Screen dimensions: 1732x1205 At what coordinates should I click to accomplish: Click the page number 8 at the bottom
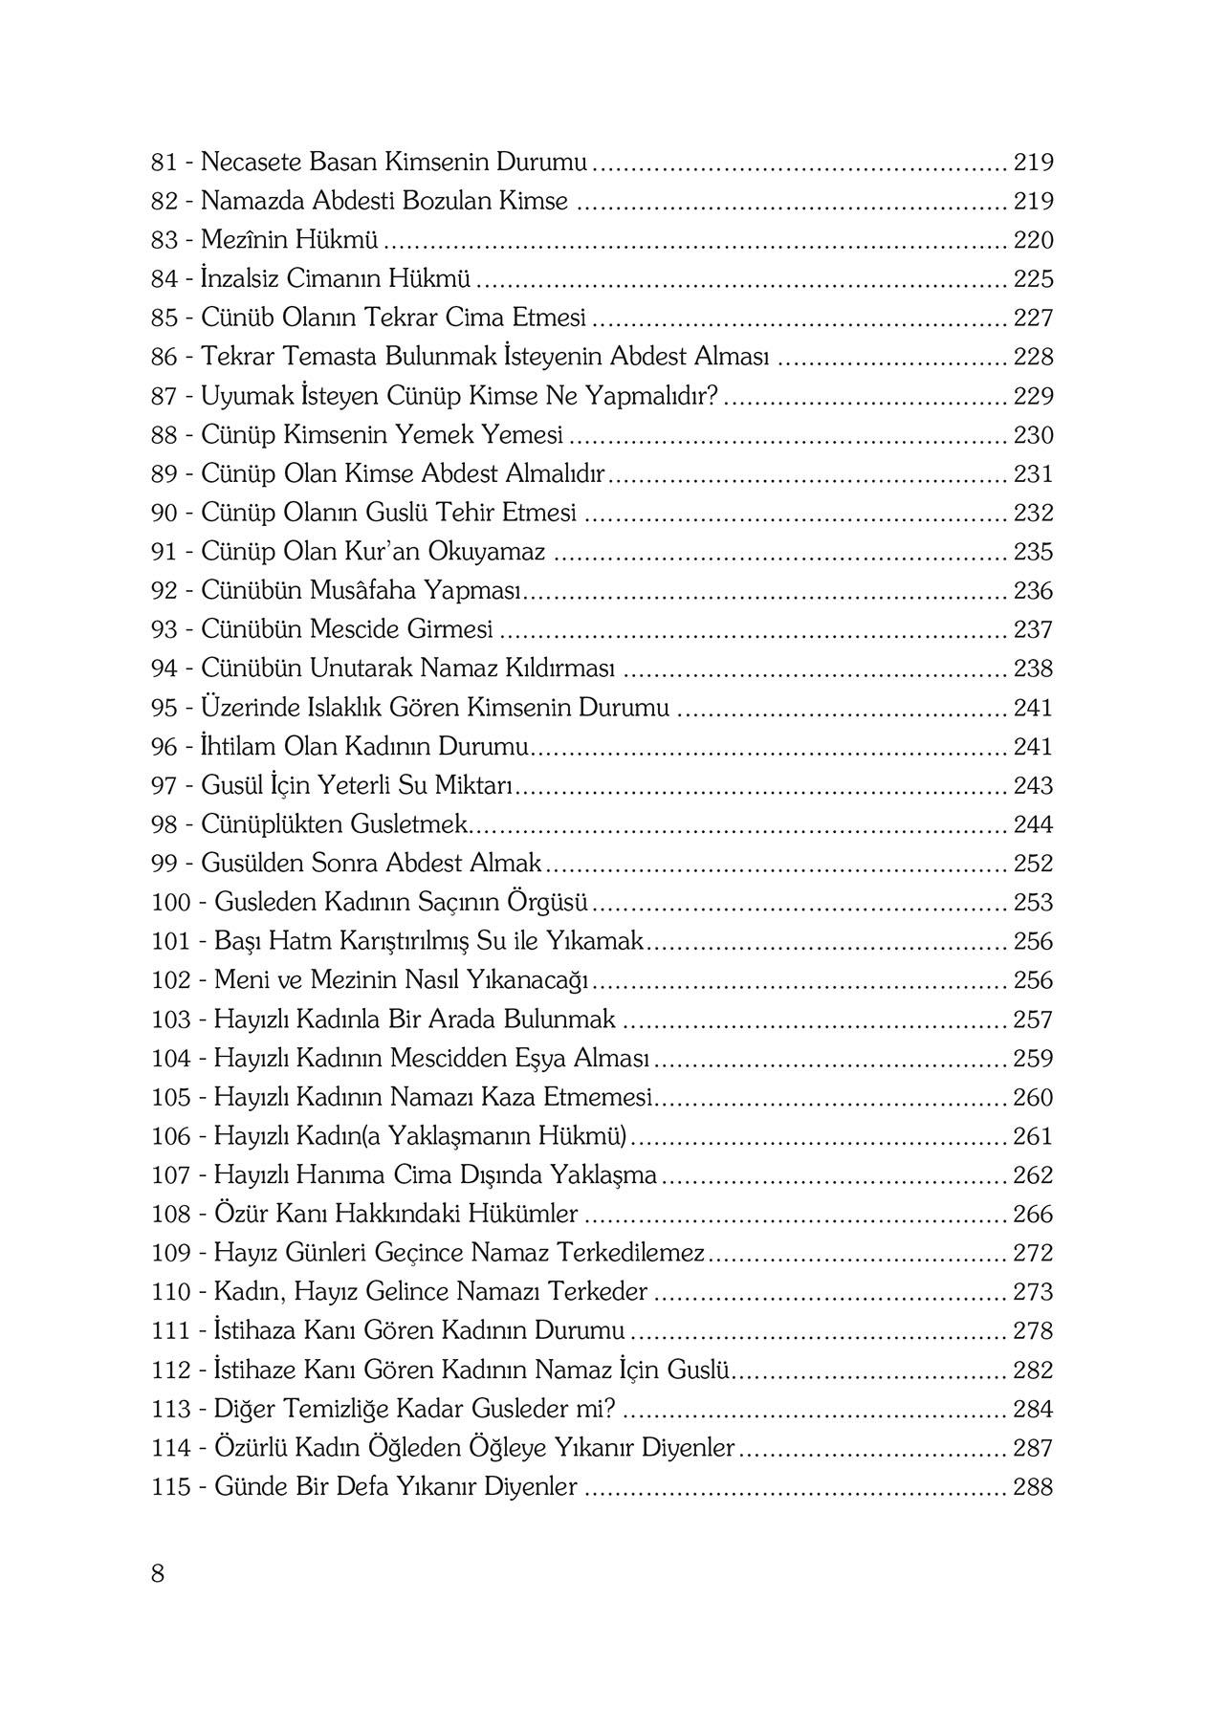click(x=158, y=1573)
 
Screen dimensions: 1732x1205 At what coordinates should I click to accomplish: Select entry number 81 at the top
click(x=164, y=163)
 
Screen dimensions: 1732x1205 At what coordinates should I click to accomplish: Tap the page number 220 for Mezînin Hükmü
click(x=1033, y=240)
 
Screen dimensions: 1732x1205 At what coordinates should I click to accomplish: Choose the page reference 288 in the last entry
click(x=1033, y=1487)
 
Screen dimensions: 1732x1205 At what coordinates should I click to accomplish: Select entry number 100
click(x=172, y=903)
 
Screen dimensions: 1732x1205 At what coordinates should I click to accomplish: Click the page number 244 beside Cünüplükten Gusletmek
click(x=1033, y=824)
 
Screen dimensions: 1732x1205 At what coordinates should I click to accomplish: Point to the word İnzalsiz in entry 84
click(x=242, y=279)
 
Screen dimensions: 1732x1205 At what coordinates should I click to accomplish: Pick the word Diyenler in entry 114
click(x=691, y=1448)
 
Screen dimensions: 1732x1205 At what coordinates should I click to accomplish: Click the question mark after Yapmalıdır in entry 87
click(x=710, y=396)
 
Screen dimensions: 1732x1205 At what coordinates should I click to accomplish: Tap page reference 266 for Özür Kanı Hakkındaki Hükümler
click(x=1033, y=1215)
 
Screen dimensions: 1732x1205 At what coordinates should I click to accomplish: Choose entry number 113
click(x=172, y=1410)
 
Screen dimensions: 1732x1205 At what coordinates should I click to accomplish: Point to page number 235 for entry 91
click(x=1033, y=552)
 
